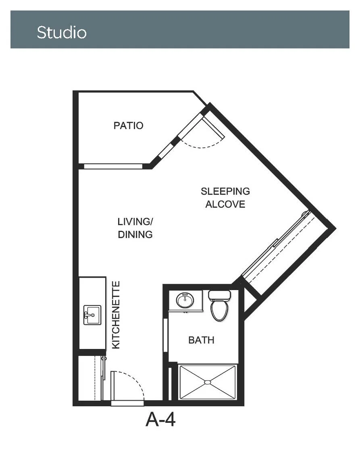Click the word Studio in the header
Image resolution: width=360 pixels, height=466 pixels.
point(62,32)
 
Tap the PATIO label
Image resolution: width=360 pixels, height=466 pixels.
point(128,125)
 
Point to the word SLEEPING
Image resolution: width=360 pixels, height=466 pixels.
point(225,191)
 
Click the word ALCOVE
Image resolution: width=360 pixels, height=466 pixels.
point(225,204)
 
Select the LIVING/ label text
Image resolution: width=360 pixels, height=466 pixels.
point(135,222)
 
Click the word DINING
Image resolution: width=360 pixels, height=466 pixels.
point(135,234)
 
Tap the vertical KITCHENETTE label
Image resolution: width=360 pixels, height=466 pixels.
point(116,315)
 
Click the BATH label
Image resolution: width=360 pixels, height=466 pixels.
point(202,340)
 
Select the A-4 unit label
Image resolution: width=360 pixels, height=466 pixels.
point(160,419)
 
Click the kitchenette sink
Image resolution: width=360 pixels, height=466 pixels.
point(92,315)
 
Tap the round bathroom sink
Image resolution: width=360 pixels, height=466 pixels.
point(185,300)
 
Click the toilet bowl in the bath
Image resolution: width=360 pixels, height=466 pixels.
point(219,310)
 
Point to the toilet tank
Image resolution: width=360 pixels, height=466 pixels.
point(219,295)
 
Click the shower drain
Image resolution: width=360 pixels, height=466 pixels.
point(208,382)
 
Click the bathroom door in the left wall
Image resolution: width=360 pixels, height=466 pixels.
point(166,335)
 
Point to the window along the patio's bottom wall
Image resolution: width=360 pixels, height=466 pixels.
point(113,166)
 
